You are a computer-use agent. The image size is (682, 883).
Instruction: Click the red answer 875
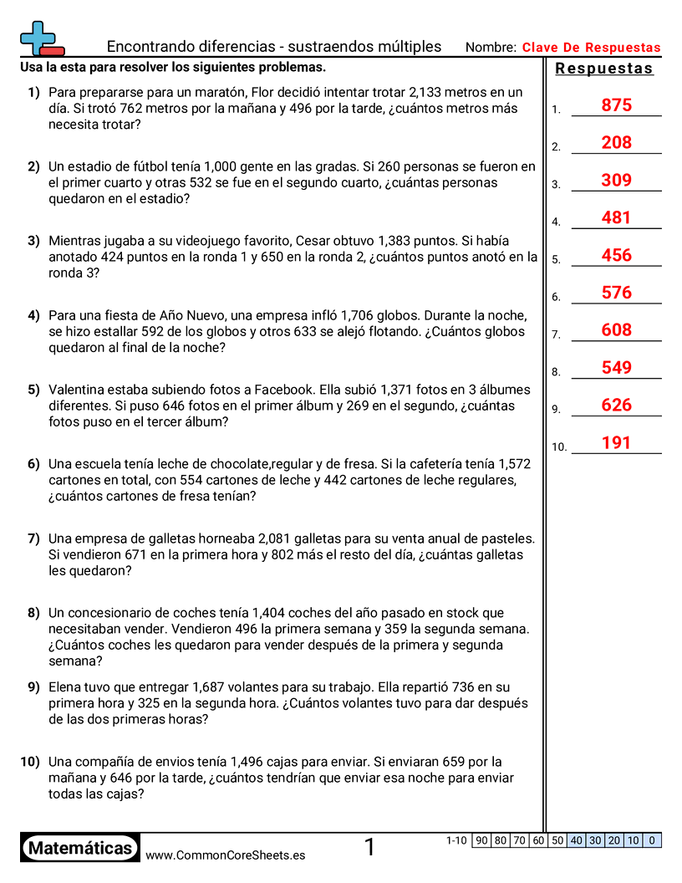coord(616,105)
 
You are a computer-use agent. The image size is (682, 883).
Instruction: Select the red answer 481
coord(616,217)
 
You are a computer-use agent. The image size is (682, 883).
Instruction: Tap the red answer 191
coord(616,442)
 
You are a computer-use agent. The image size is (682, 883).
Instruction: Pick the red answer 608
coord(616,330)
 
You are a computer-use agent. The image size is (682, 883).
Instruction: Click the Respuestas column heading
coord(604,69)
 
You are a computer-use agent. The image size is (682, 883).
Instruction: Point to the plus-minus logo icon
coord(40,38)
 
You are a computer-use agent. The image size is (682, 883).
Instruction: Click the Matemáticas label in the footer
coord(80,848)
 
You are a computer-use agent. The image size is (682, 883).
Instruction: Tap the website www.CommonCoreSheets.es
coord(225,855)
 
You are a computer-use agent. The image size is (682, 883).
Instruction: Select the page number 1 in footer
coord(369,847)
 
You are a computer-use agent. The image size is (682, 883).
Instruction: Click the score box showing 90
coord(481,840)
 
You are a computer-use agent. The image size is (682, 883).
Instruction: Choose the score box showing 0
coord(652,840)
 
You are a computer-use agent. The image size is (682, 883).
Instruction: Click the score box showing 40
coord(576,840)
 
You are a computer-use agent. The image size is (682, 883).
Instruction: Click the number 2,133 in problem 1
coord(430,92)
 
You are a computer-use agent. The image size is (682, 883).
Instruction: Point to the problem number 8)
coord(33,613)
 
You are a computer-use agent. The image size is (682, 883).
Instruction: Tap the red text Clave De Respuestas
coord(591,48)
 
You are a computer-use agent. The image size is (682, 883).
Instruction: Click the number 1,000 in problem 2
coord(221,166)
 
